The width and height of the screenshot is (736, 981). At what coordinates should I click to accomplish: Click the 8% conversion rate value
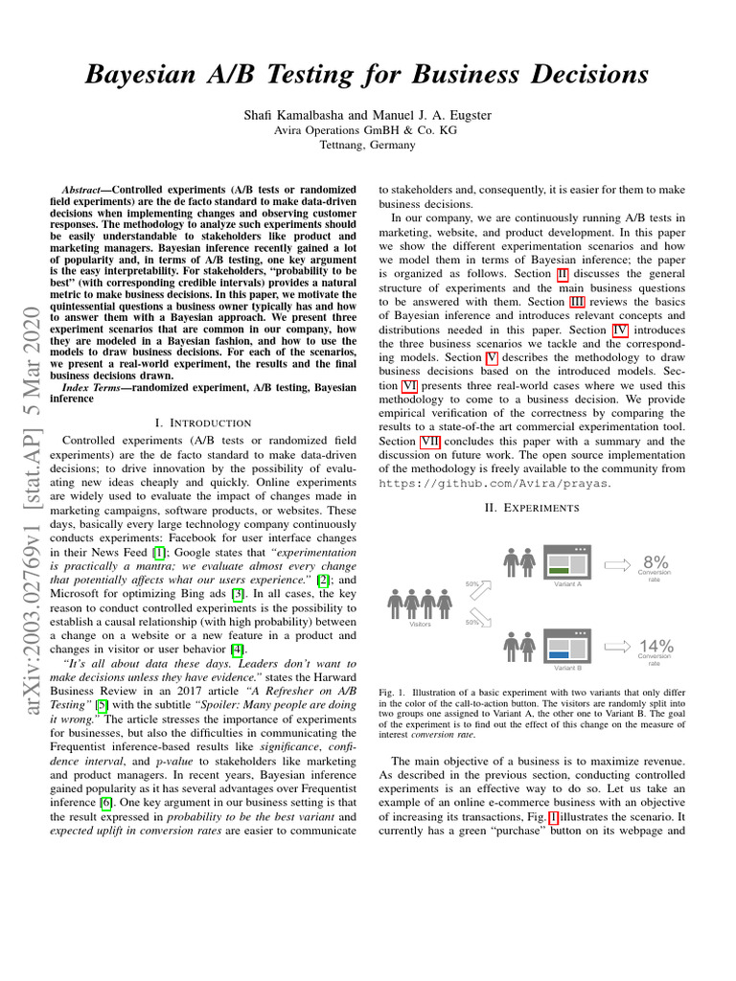(655, 561)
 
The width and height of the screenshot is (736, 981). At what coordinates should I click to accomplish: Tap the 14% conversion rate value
(655, 647)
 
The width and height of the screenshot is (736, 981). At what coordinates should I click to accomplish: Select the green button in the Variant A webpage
(559, 571)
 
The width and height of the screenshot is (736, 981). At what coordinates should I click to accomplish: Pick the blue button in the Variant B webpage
(559, 655)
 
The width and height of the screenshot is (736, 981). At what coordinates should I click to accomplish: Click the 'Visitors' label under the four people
(420, 624)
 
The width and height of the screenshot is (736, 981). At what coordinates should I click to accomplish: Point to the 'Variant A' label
(568, 583)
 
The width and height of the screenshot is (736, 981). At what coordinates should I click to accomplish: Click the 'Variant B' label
(568, 668)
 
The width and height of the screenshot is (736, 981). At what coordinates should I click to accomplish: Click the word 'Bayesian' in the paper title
(148, 74)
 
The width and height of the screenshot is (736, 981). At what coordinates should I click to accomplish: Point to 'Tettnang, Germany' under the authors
(368, 146)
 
